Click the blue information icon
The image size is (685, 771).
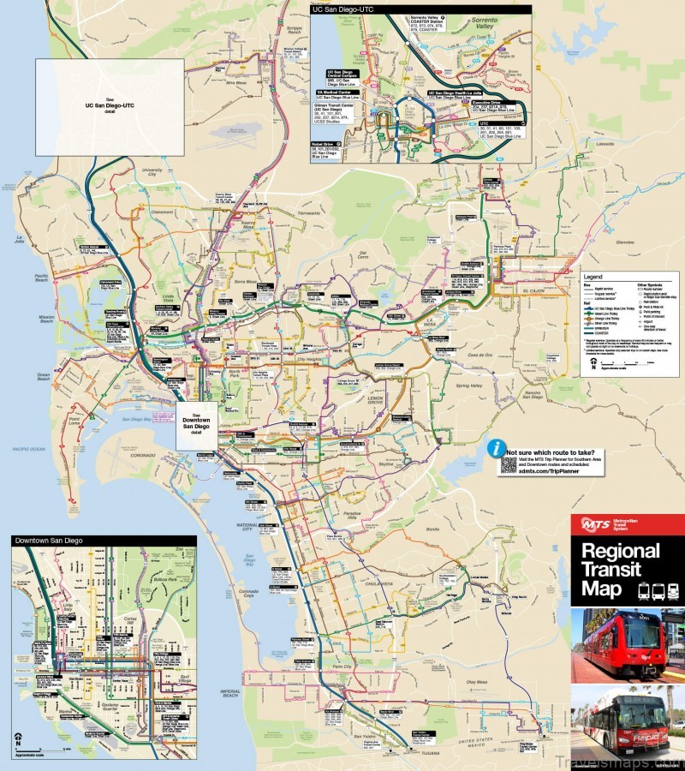494,449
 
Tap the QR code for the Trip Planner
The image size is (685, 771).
509,464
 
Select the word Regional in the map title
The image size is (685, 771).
621,551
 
